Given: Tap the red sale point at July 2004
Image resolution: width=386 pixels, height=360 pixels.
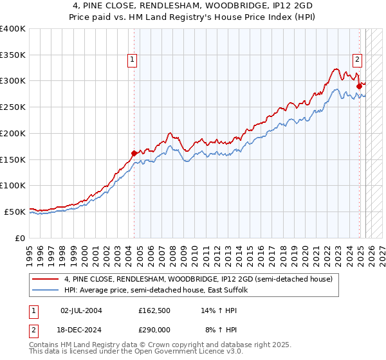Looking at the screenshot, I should point(134,153).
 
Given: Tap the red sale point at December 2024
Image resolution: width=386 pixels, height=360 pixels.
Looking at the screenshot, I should point(359,85).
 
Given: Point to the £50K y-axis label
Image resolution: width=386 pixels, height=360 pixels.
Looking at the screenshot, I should point(15,212).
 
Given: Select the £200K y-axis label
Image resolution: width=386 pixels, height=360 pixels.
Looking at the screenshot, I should point(13,133).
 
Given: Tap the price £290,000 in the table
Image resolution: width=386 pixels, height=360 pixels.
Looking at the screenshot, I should point(154,328).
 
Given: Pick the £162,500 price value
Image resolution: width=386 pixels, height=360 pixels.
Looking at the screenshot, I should point(154,310).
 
